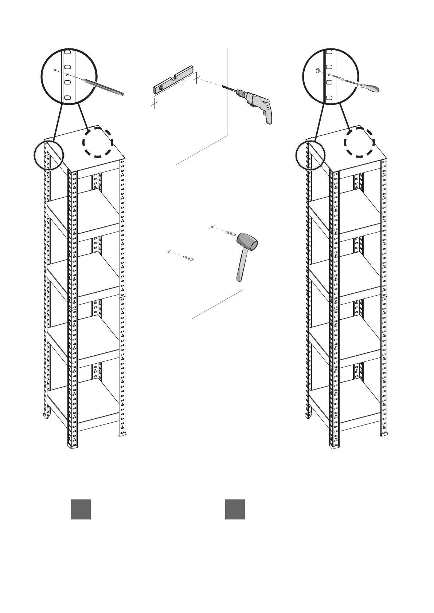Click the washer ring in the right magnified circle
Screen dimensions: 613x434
click(318, 70)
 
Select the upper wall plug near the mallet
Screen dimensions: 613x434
click(231, 233)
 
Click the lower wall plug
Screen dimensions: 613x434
click(188, 258)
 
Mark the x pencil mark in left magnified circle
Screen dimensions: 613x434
click(55, 70)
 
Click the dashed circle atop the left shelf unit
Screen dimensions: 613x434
click(97, 142)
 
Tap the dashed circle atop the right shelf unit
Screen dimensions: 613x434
click(360, 142)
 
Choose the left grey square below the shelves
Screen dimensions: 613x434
click(81, 509)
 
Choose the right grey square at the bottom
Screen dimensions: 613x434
click(235, 509)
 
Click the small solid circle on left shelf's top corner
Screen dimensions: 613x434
click(48, 155)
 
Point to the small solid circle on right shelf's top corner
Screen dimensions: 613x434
click(310, 155)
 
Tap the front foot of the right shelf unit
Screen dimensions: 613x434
click(334, 446)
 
